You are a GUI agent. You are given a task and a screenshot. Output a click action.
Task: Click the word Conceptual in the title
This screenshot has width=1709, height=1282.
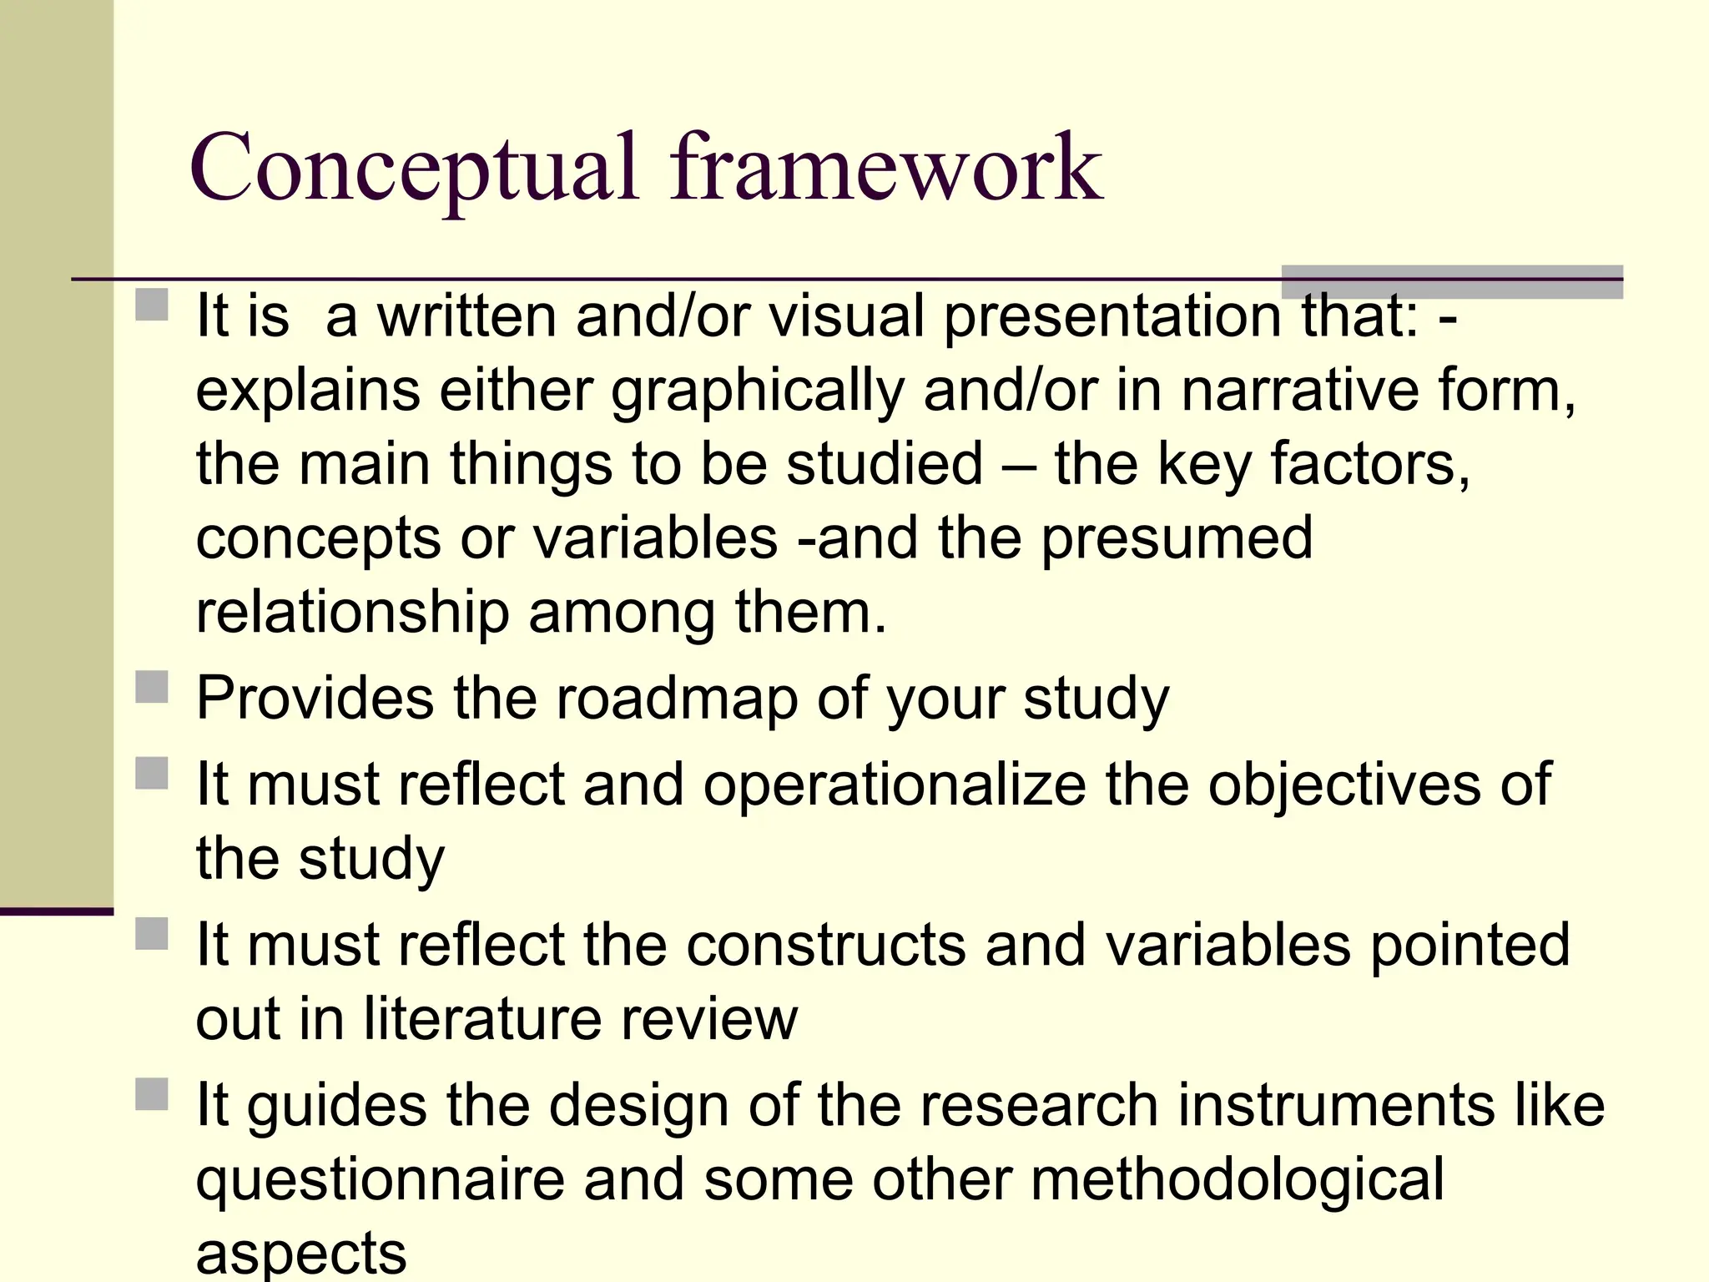[x=414, y=169]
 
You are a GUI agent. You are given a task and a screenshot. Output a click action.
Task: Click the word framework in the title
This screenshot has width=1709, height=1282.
[x=886, y=169]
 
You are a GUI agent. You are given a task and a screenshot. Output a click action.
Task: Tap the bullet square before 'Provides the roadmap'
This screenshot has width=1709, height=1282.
[x=152, y=687]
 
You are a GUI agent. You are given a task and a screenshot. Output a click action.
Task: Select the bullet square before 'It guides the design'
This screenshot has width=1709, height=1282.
[x=152, y=1094]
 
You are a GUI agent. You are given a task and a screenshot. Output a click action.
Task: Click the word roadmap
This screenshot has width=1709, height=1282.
[x=677, y=698]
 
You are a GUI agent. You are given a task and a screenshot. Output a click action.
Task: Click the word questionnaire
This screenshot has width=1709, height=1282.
[x=380, y=1180]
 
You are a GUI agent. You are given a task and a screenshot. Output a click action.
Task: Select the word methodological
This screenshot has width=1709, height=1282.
[x=1237, y=1179]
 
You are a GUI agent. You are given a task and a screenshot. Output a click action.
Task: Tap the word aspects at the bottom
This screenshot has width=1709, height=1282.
[x=301, y=1254]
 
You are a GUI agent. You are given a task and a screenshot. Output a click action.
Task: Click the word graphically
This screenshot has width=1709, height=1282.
[x=758, y=391]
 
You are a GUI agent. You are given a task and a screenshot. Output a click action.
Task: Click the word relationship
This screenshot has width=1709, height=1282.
[x=352, y=613]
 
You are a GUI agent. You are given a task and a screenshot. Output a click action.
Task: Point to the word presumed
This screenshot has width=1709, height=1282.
[x=1177, y=539]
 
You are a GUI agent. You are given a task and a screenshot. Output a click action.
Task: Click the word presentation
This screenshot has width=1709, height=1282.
[x=1112, y=317]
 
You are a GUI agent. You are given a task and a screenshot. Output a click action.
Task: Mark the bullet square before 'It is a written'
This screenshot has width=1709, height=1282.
[x=152, y=304]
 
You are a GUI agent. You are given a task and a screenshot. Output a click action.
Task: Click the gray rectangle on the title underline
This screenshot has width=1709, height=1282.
[x=1452, y=282]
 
